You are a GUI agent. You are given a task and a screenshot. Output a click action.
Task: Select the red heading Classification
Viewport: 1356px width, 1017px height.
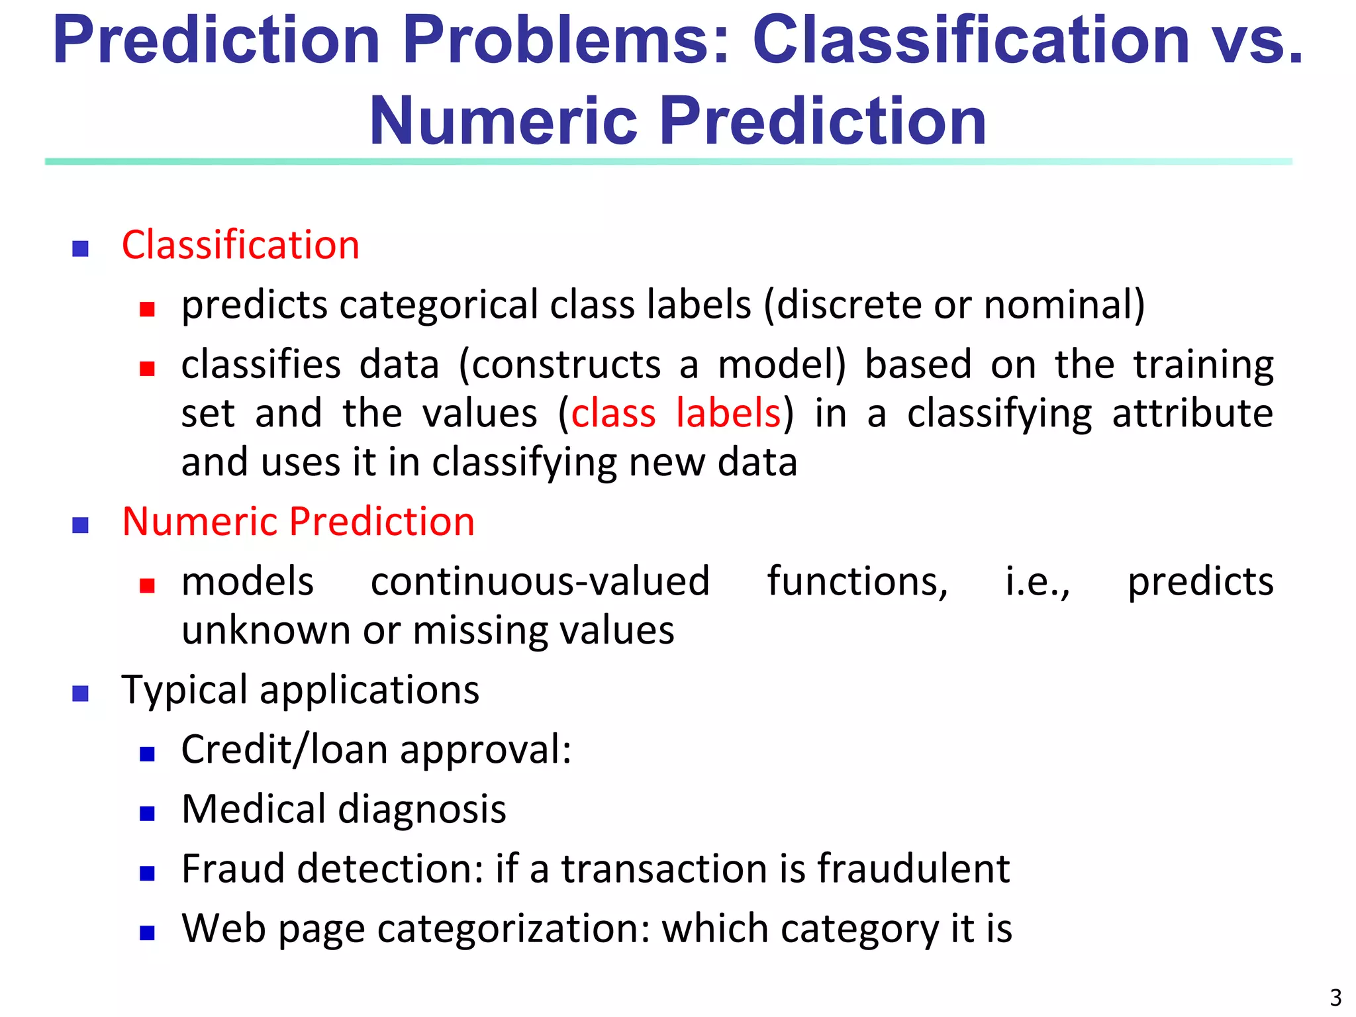[240, 246]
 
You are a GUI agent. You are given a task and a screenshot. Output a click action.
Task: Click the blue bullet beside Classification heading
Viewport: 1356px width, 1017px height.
[80, 249]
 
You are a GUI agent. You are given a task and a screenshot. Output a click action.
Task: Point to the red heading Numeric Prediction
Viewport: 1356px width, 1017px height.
[298, 522]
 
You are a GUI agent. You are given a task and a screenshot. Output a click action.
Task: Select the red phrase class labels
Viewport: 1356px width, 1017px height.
[676, 414]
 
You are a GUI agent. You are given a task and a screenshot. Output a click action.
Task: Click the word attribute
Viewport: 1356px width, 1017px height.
[1192, 414]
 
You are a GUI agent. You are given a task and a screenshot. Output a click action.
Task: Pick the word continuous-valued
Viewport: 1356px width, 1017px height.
[540, 582]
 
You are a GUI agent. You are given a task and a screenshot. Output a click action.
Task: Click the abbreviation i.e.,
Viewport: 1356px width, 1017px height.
[1037, 582]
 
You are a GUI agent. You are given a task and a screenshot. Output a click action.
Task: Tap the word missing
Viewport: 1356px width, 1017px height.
[481, 630]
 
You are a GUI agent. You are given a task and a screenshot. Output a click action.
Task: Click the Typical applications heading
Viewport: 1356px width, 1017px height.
[300, 691]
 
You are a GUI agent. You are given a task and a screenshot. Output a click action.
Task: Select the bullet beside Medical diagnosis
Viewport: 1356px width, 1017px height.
[147, 814]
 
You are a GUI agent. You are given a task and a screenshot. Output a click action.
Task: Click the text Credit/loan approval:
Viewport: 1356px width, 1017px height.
[376, 750]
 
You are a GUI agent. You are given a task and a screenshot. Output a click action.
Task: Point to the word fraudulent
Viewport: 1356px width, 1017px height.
[913, 869]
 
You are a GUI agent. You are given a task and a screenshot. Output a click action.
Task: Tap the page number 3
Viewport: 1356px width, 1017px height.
[1335, 997]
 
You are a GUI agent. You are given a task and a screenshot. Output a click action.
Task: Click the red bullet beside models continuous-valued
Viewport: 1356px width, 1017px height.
[147, 585]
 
